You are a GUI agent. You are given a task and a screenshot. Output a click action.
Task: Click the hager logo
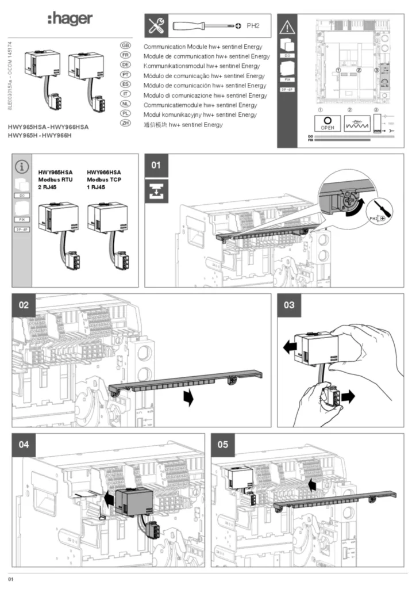(69, 20)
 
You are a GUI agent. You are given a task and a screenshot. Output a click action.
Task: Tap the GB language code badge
(124, 45)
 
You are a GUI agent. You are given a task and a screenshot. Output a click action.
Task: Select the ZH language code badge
(124, 124)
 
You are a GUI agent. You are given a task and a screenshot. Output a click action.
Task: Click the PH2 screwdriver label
(253, 26)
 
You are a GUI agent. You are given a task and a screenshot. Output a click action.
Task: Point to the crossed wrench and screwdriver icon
(156, 26)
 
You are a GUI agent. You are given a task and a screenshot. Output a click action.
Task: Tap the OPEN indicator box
(327, 123)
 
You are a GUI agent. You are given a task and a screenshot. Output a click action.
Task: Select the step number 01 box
(156, 166)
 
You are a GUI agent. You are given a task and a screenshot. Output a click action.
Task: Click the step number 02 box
(24, 305)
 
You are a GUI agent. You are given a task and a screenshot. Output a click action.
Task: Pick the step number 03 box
(289, 305)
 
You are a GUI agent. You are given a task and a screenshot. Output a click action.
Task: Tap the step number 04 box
(24, 445)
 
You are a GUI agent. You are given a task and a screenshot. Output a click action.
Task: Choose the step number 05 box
(223, 445)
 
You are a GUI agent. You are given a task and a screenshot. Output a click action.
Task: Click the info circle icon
(22, 167)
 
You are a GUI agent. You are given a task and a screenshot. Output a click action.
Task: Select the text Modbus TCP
(103, 179)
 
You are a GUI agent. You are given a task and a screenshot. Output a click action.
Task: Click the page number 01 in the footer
(10, 577)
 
